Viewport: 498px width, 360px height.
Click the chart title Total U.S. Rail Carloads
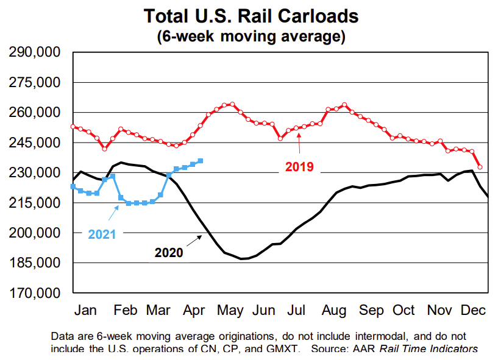tap(251, 15)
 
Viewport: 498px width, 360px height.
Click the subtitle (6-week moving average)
tap(251, 36)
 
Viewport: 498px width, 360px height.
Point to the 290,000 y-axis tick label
tap(34, 53)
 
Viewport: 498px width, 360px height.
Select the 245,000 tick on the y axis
tap(34, 143)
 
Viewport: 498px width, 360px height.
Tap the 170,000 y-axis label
tap(34, 293)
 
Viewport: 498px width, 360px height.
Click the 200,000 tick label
tap(34, 233)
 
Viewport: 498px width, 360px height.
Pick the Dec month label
tap(473, 309)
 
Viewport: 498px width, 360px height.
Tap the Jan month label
tap(86, 309)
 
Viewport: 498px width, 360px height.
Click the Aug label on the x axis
tap(335, 309)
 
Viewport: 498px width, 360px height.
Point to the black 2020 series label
tap(168, 252)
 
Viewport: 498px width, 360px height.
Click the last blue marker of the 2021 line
tap(201, 161)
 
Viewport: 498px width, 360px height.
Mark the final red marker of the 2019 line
tap(480, 167)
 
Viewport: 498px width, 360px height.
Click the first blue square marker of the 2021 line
tap(73, 186)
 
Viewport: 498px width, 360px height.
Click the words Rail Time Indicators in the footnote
tap(429, 348)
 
